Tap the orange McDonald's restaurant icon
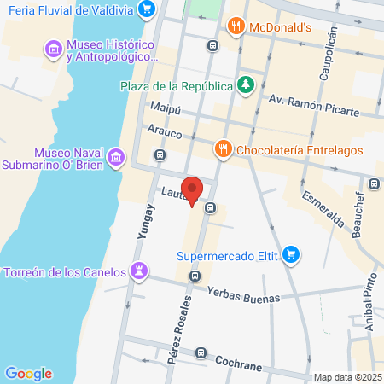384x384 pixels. [x=236, y=26]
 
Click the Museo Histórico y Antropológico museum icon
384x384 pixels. [x=55, y=49]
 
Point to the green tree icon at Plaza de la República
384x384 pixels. [x=246, y=84]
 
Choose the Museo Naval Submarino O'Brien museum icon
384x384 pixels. [x=116, y=158]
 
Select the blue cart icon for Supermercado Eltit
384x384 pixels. [x=292, y=253]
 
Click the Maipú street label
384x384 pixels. [x=166, y=109]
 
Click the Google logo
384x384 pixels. [x=28, y=373]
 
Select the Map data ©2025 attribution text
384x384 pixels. [x=346, y=377]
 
